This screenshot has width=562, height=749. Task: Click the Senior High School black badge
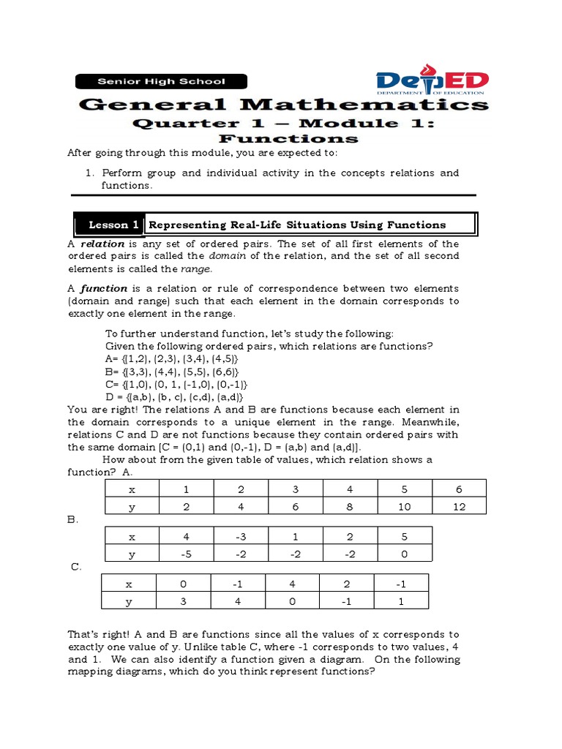click(x=162, y=82)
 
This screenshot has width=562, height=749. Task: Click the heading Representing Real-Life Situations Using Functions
click(x=297, y=225)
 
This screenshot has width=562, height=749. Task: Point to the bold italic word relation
click(x=102, y=244)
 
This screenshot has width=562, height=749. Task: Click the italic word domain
click(x=226, y=256)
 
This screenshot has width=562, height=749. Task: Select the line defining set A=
click(x=172, y=360)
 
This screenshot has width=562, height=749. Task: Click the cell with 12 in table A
click(x=459, y=507)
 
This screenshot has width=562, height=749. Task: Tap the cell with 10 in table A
click(x=405, y=507)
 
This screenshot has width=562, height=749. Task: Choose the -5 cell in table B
click(x=186, y=554)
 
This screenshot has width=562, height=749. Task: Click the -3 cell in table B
click(x=241, y=535)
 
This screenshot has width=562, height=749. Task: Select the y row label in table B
click(x=132, y=554)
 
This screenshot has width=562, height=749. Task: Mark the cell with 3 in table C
click(x=184, y=602)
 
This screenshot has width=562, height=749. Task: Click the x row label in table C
click(x=129, y=584)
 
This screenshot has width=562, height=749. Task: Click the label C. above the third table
click(x=75, y=567)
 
